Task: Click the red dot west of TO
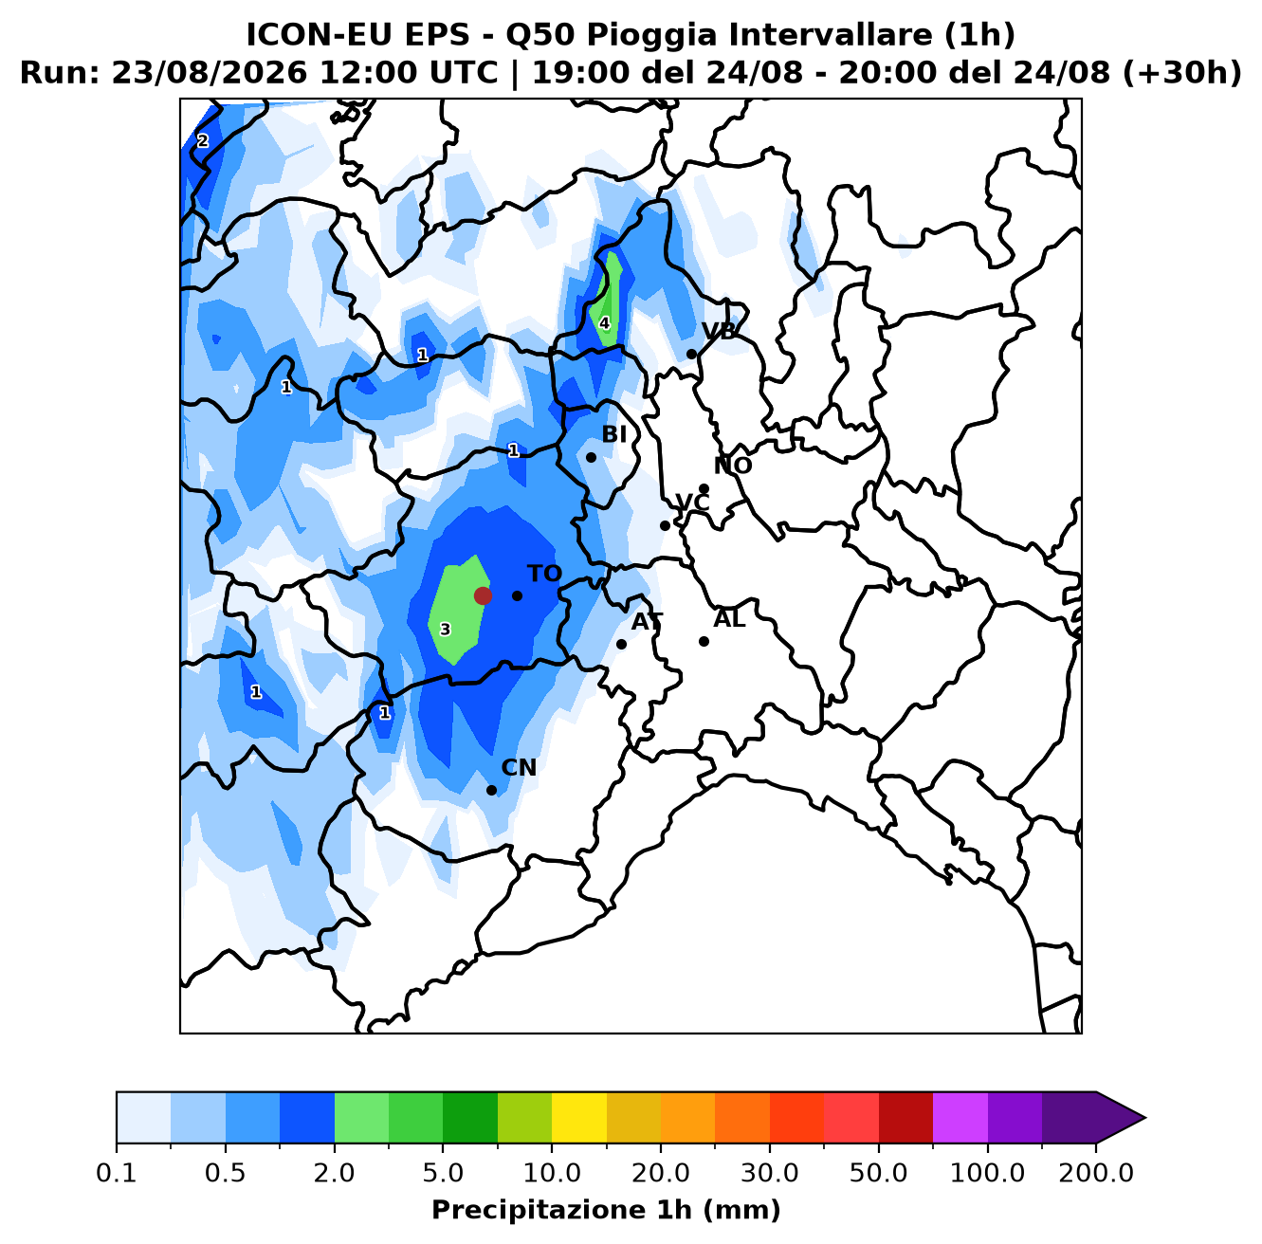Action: coord(483,595)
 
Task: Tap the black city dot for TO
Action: coord(517,595)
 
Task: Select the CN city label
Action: coord(519,768)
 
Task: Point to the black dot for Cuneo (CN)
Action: coord(491,790)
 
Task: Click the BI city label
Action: coord(614,434)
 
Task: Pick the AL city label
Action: coord(729,619)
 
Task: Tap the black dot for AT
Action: coord(621,645)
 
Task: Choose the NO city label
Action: coord(733,466)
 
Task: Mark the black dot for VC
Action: coord(665,525)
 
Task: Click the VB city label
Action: coord(719,332)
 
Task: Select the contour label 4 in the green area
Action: coord(604,323)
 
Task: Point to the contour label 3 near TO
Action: coord(445,630)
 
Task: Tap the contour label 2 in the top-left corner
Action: coord(202,141)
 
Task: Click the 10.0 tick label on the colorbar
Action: coord(552,1173)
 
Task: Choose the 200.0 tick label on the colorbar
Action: coord(1096,1173)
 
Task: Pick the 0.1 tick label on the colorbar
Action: coord(117,1173)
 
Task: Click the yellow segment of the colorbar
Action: coord(579,1118)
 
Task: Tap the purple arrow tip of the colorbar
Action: coord(1145,1118)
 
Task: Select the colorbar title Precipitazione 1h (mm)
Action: coord(606,1209)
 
